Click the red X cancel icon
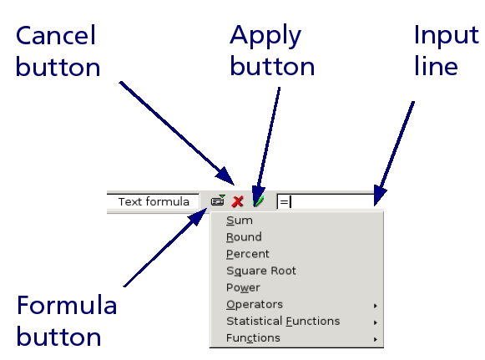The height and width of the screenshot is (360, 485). [238, 201]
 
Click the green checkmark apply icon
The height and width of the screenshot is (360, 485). [259, 201]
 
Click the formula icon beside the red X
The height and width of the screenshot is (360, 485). [218, 200]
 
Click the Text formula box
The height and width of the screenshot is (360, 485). [153, 202]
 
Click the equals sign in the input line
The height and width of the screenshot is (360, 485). [284, 202]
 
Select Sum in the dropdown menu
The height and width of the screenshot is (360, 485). [240, 221]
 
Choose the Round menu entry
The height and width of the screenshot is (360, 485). [244, 237]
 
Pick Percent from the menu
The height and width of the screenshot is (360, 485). [247, 254]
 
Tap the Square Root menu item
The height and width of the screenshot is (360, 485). [261, 271]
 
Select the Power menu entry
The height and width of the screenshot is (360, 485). [243, 287]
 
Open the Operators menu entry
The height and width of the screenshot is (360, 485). [255, 305]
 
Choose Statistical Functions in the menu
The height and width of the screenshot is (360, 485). [283, 322]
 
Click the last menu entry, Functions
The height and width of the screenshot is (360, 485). [253, 338]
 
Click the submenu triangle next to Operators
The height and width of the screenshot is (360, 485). [375, 306]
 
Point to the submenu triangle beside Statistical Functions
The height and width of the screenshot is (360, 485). [375, 322]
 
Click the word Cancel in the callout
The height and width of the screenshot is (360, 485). [56, 36]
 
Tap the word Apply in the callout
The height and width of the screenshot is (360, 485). [265, 37]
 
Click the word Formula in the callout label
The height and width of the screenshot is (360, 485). [67, 305]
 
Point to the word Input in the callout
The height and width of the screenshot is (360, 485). [447, 36]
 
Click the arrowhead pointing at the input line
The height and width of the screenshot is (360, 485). [380, 195]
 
